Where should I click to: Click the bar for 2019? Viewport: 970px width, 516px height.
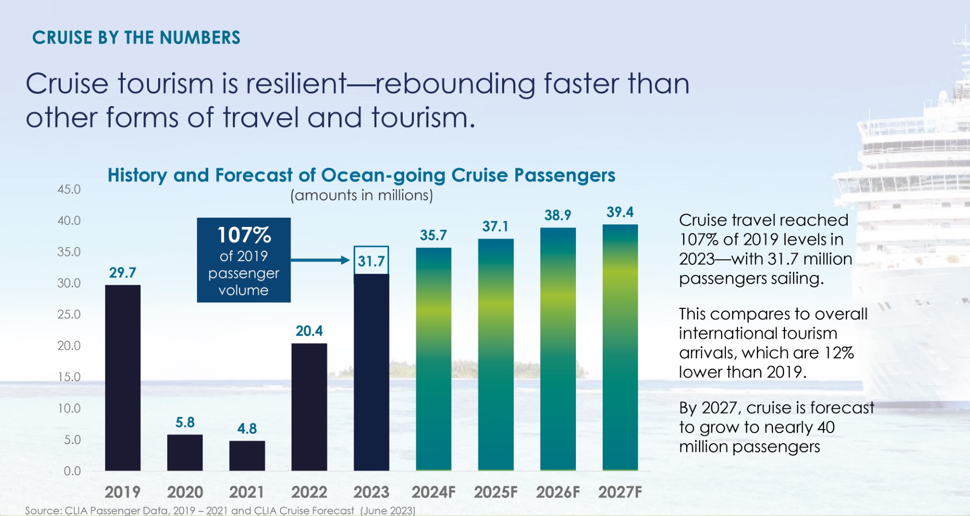click(x=123, y=378)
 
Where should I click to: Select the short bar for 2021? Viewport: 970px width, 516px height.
click(x=247, y=455)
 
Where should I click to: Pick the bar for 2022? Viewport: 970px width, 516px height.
click(x=309, y=407)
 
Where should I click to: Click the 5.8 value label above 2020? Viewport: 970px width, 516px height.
click(x=185, y=423)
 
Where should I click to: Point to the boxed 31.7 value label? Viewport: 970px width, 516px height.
click(x=371, y=261)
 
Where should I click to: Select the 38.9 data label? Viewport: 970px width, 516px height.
click(x=558, y=215)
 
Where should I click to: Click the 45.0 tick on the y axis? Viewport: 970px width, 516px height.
click(x=69, y=190)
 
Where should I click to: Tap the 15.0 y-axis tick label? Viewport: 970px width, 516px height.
click(x=69, y=377)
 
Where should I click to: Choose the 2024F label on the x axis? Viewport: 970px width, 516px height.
click(x=433, y=492)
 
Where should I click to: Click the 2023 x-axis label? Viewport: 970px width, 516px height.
click(x=371, y=492)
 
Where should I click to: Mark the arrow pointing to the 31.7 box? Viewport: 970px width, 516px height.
click(x=320, y=260)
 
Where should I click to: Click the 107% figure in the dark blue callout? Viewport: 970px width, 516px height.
click(x=244, y=235)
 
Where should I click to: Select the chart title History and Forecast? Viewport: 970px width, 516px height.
click(x=361, y=175)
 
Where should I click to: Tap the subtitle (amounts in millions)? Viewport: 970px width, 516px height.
click(x=361, y=196)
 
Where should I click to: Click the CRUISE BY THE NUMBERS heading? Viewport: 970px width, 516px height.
click(x=136, y=38)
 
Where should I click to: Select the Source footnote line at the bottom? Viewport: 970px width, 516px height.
click(x=220, y=510)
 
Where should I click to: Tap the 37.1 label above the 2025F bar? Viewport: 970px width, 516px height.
click(x=495, y=226)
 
